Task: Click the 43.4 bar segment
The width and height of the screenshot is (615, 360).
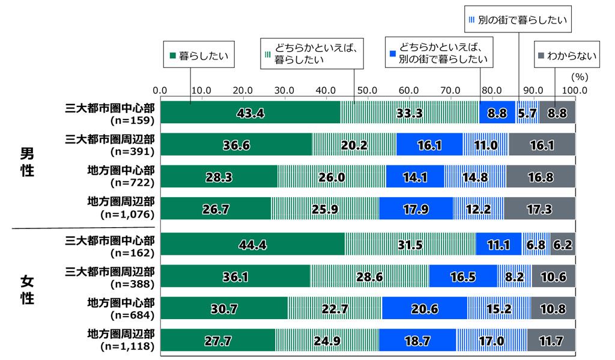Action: coord(250,112)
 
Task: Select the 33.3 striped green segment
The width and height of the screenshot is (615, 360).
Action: coord(410,112)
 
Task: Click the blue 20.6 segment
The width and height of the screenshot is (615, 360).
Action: coord(424,308)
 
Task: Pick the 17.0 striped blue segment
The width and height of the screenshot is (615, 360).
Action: coord(491,340)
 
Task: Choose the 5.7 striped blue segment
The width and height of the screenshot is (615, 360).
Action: coord(527,112)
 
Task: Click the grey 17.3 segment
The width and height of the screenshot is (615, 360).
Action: coord(539,210)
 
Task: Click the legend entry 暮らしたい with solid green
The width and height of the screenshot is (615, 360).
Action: coord(198,56)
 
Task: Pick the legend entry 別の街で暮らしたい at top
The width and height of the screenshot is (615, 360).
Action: coord(518,20)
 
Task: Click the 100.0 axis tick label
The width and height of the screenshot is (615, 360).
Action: coord(575,90)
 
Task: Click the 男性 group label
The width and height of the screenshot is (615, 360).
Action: coord(26,162)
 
